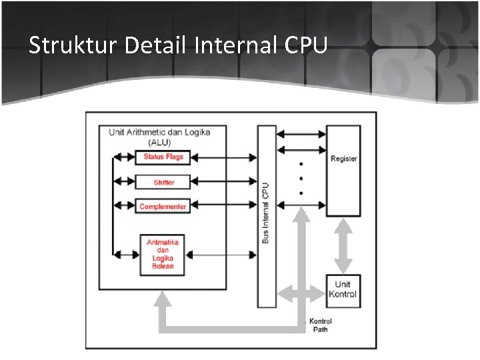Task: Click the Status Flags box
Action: click(163, 157)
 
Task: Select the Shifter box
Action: click(163, 182)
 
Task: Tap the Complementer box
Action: click(163, 207)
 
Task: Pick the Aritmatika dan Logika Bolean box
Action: click(163, 254)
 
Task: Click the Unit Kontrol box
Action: click(343, 290)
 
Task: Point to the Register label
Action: click(343, 159)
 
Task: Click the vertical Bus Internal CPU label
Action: click(266, 213)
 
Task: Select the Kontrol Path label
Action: click(321, 325)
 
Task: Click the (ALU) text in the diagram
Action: click(159, 142)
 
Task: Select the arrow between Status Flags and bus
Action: click(224, 158)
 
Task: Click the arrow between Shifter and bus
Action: click(224, 182)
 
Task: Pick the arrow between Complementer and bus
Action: click(224, 207)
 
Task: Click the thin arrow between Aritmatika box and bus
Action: click(224, 254)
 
